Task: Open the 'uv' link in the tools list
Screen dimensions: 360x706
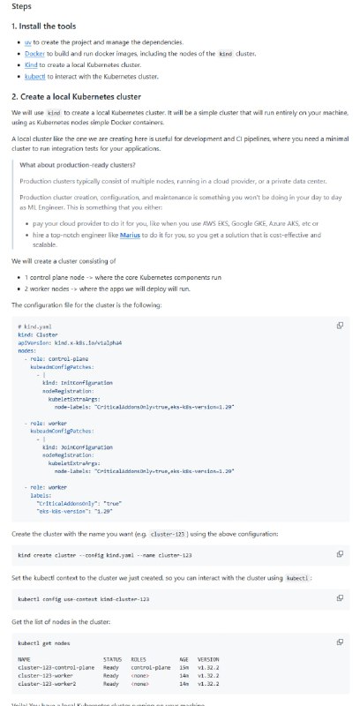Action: point(27,42)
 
